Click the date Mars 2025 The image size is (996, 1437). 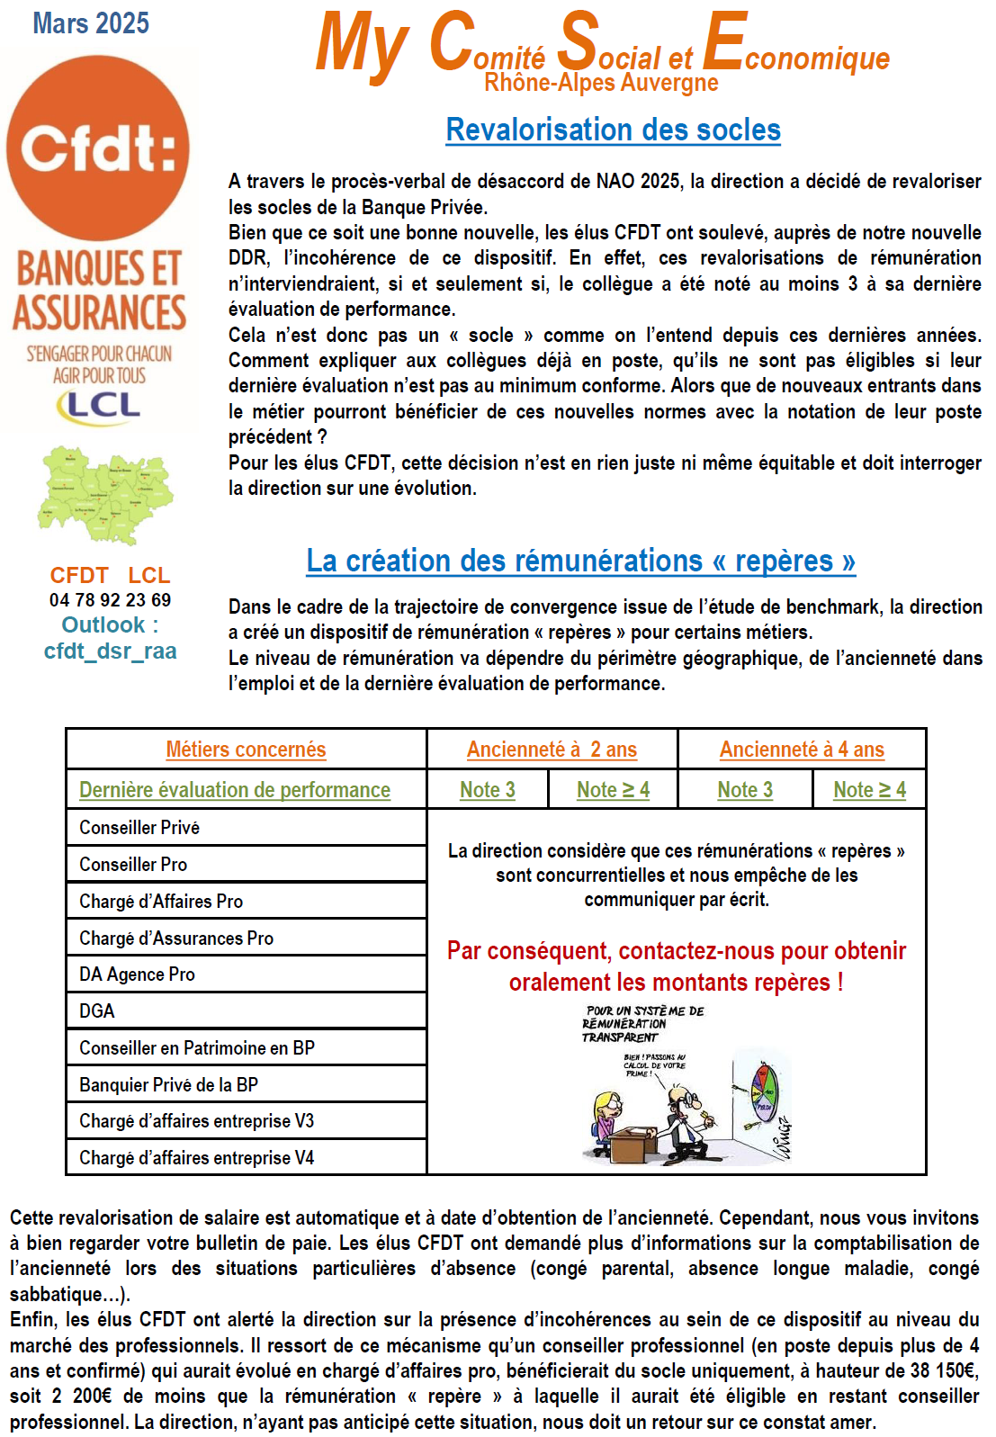click(x=91, y=23)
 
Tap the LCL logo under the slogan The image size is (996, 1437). click(x=99, y=406)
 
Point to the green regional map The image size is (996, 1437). click(x=105, y=494)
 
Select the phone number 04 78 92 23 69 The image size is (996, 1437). click(x=110, y=600)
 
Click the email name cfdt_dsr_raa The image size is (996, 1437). click(x=110, y=651)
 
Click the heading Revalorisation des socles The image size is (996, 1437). click(x=613, y=130)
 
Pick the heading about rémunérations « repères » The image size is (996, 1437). click(x=580, y=561)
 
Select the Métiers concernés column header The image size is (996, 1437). click(x=246, y=750)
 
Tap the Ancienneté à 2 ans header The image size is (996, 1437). click(x=552, y=750)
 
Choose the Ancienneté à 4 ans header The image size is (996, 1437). click(x=802, y=750)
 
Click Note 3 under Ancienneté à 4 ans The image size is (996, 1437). click(x=745, y=790)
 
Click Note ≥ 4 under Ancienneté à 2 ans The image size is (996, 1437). click(x=613, y=790)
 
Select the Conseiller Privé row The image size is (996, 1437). click(x=139, y=828)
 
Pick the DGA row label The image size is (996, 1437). click(x=97, y=1011)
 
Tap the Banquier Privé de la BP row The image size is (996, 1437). click(x=168, y=1085)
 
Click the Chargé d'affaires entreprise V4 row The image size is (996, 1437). click(x=196, y=1158)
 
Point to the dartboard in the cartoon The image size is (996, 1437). click(x=764, y=1094)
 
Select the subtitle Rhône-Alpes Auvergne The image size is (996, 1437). click(x=601, y=84)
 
